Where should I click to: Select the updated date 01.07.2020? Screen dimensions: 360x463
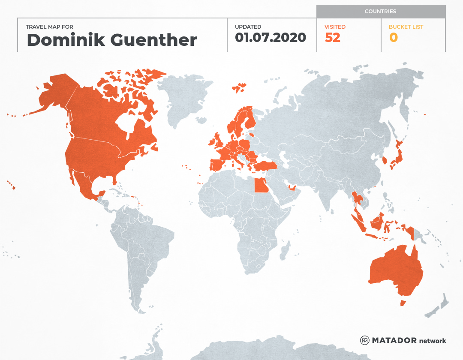click(x=270, y=38)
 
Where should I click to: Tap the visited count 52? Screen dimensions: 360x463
click(x=332, y=38)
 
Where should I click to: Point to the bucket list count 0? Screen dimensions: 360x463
click(x=393, y=38)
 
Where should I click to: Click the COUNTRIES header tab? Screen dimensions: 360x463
click(x=380, y=12)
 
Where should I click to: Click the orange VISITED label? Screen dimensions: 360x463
click(x=335, y=27)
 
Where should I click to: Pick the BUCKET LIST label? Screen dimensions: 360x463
click(x=406, y=27)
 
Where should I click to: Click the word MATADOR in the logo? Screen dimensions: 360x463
click(x=394, y=341)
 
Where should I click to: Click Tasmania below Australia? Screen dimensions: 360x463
click(x=403, y=303)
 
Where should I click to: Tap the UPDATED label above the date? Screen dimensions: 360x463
click(x=248, y=27)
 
